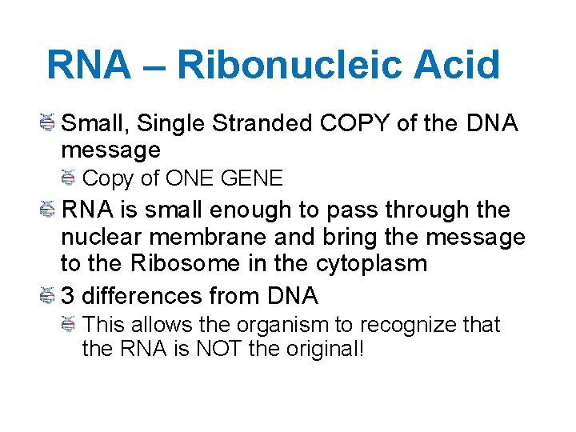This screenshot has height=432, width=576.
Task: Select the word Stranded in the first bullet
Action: (265, 123)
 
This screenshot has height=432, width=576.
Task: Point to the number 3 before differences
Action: (68, 296)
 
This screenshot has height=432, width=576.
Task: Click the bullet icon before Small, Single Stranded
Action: (47, 123)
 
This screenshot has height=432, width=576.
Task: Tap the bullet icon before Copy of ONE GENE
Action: (69, 178)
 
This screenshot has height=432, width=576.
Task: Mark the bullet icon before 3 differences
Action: (47, 296)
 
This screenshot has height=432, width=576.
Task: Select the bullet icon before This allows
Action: (69, 325)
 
